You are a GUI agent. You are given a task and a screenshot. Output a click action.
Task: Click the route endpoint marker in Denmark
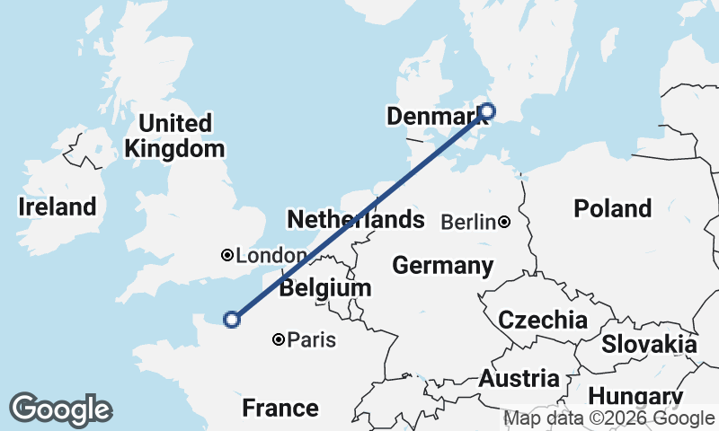point(487,111)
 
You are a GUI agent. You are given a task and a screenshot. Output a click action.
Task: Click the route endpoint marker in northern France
point(232,319)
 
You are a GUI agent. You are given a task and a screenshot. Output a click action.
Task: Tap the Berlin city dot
point(505,222)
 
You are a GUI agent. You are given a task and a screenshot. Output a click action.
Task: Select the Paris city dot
point(279,339)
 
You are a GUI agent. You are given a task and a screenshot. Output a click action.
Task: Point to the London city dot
point(226,255)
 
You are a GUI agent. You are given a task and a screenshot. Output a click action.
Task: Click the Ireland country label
point(58,207)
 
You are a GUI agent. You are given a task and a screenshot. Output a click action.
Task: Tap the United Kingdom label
point(175,136)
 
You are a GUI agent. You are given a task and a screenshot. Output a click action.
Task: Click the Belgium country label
point(324,288)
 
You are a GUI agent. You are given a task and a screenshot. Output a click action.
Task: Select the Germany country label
point(442,266)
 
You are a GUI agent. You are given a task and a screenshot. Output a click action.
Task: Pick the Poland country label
point(612,208)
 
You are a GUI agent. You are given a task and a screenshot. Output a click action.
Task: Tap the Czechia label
point(543,320)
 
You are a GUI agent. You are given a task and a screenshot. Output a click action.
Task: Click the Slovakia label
point(649,344)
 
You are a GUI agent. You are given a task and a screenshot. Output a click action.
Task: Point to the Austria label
point(519,379)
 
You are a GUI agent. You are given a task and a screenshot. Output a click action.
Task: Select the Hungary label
point(636,397)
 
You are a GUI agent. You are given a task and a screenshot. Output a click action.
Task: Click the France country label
point(280,409)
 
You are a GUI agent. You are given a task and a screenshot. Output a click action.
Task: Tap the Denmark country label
point(431,116)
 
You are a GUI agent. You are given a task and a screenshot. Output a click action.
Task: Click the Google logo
point(60,409)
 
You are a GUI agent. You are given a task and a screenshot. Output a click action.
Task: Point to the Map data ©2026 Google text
point(608,418)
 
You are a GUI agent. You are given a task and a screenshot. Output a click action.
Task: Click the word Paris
point(312,339)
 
